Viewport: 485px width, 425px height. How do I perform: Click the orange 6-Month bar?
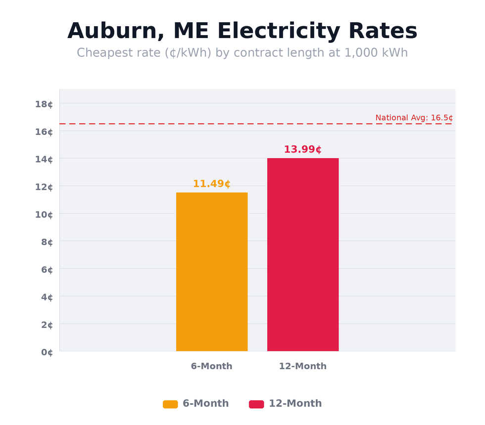(x=212, y=272)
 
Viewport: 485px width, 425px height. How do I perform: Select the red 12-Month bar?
(x=303, y=255)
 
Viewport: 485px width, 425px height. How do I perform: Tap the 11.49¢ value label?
(x=211, y=184)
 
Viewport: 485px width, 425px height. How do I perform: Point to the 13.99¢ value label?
(x=302, y=149)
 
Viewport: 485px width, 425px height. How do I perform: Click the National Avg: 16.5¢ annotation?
(x=414, y=118)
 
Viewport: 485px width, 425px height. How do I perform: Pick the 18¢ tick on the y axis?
(x=44, y=104)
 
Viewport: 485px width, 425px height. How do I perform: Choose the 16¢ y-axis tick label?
(x=44, y=131)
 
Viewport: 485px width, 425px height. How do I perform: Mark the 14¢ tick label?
(x=44, y=159)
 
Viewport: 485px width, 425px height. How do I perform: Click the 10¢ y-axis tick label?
(x=44, y=214)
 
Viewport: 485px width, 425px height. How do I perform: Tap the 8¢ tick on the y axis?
(x=47, y=242)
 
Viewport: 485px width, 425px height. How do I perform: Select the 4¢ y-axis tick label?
(x=47, y=297)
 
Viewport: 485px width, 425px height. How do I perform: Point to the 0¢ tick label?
(x=47, y=352)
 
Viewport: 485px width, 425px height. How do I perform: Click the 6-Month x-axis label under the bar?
(x=211, y=366)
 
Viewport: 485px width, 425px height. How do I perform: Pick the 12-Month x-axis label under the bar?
(x=302, y=366)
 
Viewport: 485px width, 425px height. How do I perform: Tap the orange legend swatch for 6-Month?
(x=170, y=404)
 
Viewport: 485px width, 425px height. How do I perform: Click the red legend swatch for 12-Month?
(x=256, y=404)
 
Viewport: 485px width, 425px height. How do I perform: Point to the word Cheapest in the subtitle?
(x=102, y=53)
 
